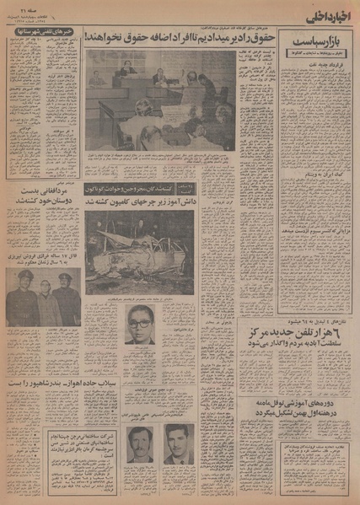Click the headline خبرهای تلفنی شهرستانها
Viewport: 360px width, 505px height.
click(42, 33)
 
